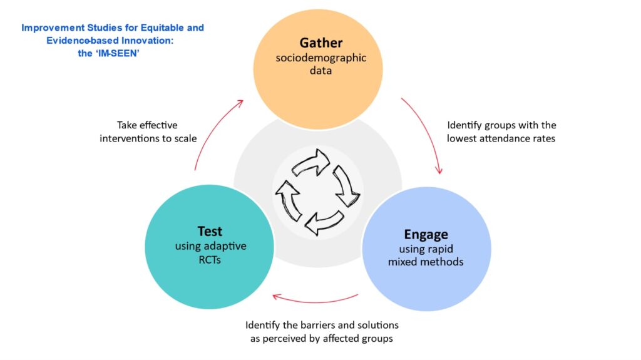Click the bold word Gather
[x=321, y=43]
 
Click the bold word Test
[x=210, y=232]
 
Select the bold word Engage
[x=426, y=235]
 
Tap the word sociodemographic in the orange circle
[x=321, y=58]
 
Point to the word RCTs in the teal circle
[x=210, y=259]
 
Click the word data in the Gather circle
[x=321, y=71]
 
